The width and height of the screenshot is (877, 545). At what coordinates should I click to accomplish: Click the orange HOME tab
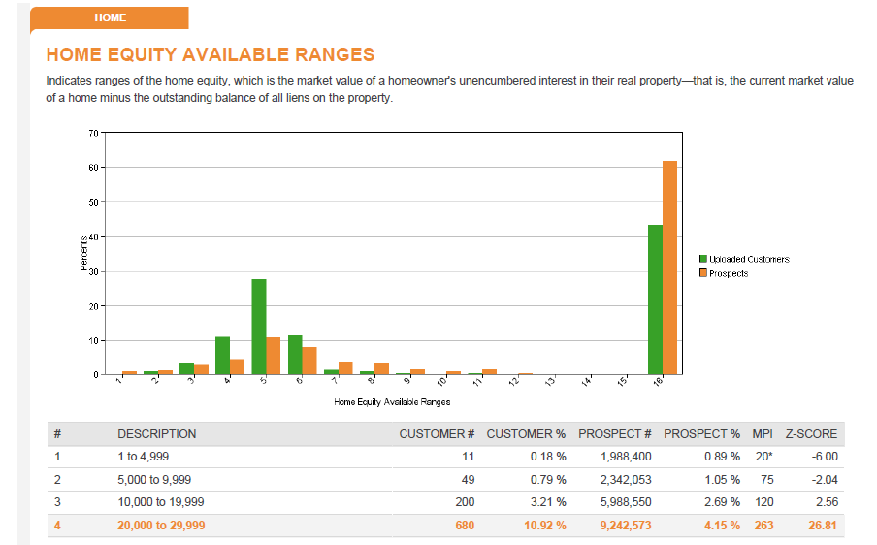[110, 17]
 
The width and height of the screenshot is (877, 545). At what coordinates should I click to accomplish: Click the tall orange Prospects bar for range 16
[669, 268]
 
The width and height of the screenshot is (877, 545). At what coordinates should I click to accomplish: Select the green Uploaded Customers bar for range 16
[655, 299]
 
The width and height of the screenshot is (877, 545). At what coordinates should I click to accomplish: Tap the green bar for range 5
[259, 326]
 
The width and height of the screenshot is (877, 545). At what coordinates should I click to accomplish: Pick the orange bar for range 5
[273, 356]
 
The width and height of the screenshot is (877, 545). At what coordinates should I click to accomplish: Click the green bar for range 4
[222, 356]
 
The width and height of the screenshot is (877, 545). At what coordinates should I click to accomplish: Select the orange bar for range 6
[309, 360]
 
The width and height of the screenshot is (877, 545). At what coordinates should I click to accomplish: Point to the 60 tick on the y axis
[93, 167]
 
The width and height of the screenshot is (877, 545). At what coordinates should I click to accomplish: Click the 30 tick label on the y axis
[93, 271]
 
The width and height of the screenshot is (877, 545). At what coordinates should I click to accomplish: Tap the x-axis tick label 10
[441, 381]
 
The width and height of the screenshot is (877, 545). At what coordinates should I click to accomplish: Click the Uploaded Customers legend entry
[744, 259]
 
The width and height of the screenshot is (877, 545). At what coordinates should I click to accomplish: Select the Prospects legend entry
[724, 273]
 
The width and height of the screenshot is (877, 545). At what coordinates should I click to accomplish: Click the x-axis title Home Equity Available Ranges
[392, 401]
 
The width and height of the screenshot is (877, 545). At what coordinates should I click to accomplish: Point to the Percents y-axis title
[83, 254]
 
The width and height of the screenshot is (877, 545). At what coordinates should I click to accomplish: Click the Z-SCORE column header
[811, 434]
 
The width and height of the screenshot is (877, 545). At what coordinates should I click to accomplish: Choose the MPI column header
[763, 434]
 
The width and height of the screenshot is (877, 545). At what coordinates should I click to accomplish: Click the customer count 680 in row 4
[465, 526]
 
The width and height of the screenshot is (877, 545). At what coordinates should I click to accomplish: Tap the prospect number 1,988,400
[626, 457]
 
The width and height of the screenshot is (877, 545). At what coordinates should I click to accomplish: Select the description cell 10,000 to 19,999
[160, 502]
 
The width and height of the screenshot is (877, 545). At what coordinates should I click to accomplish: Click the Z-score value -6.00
[825, 457]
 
